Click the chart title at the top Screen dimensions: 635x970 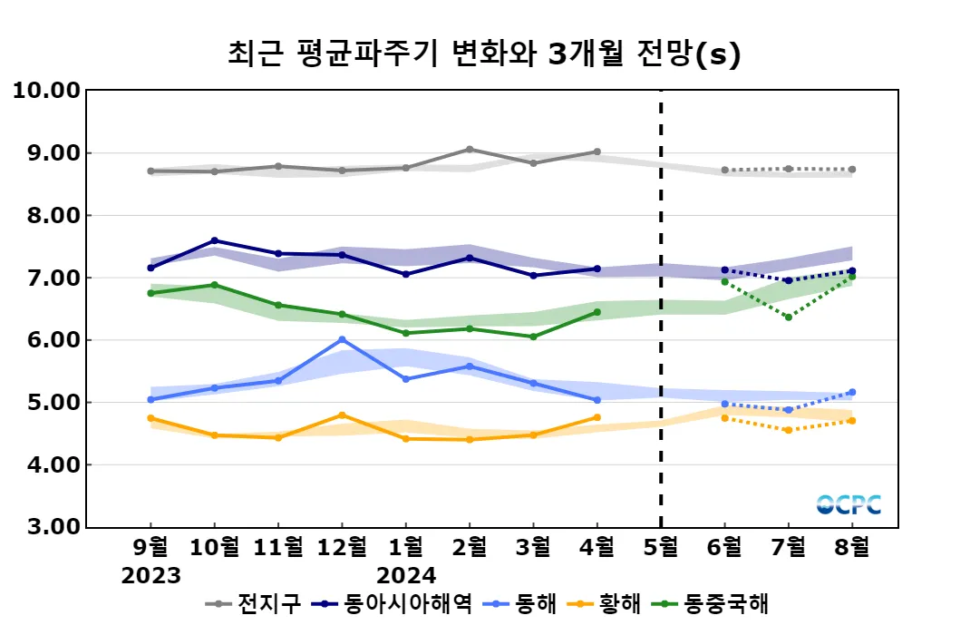[484, 54]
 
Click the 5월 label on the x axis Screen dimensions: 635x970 [660, 548]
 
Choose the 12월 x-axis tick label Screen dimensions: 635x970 [341, 548]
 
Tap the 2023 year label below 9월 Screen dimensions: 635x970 [150, 576]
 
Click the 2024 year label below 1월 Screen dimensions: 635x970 [405, 576]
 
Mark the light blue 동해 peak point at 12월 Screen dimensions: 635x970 [342, 339]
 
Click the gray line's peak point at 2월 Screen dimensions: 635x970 [470, 149]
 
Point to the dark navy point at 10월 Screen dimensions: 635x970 [214, 240]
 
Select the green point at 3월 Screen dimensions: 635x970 [533, 337]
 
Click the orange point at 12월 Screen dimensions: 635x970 [342, 415]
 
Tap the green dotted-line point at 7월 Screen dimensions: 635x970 [789, 317]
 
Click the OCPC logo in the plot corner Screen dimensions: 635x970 [849, 504]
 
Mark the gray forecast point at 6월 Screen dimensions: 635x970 [724, 170]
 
